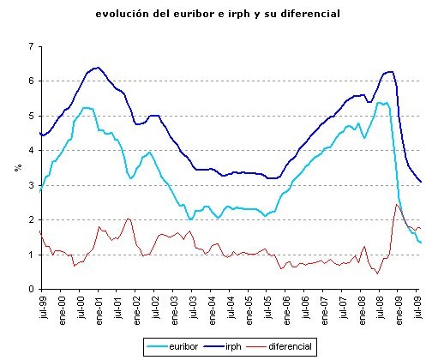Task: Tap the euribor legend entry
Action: (180, 346)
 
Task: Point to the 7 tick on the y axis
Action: (31, 45)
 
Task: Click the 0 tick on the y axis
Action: (31, 290)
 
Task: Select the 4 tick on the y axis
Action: (31, 150)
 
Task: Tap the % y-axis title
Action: (16, 167)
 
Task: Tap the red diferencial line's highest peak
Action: (397, 204)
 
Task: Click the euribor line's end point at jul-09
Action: (420, 243)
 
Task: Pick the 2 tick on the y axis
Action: (31, 220)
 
